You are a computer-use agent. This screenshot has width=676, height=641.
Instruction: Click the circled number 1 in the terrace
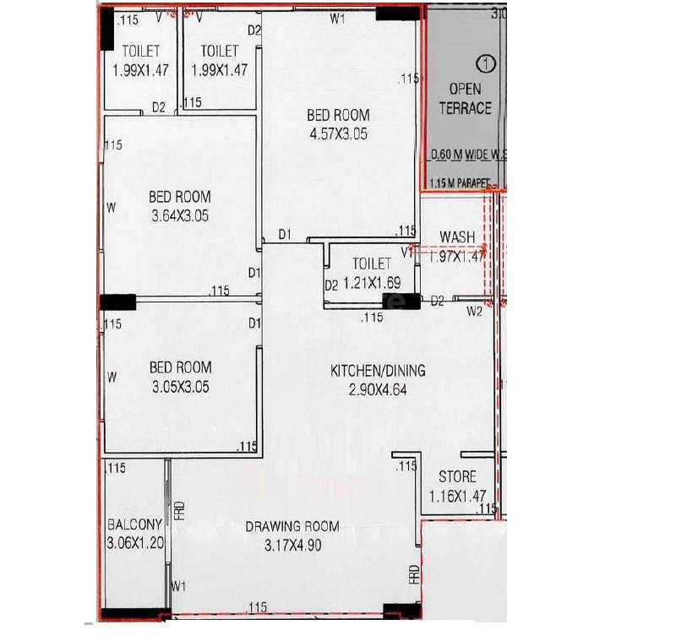click(x=484, y=62)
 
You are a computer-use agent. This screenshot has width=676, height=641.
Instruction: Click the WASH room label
click(x=457, y=237)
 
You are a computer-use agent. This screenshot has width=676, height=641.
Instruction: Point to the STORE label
click(x=457, y=476)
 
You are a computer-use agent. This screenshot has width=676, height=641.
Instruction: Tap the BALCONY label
click(x=134, y=524)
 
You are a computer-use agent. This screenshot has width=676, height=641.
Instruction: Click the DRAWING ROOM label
click(x=292, y=526)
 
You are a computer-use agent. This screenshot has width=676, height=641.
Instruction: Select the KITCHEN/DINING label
click(x=377, y=370)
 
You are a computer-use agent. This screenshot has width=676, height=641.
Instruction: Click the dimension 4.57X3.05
click(x=337, y=133)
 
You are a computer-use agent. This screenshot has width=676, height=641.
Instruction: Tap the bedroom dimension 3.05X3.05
click(x=180, y=388)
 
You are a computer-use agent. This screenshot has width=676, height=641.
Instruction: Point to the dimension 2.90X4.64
click(x=376, y=389)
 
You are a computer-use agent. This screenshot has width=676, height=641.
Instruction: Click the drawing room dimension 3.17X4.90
click(x=292, y=546)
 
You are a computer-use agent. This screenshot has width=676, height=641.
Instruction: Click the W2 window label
click(x=474, y=312)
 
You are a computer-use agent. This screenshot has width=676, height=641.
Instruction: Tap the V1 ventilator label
click(x=406, y=252)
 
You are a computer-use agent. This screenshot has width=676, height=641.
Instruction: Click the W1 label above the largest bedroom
click(x=337, y=19)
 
